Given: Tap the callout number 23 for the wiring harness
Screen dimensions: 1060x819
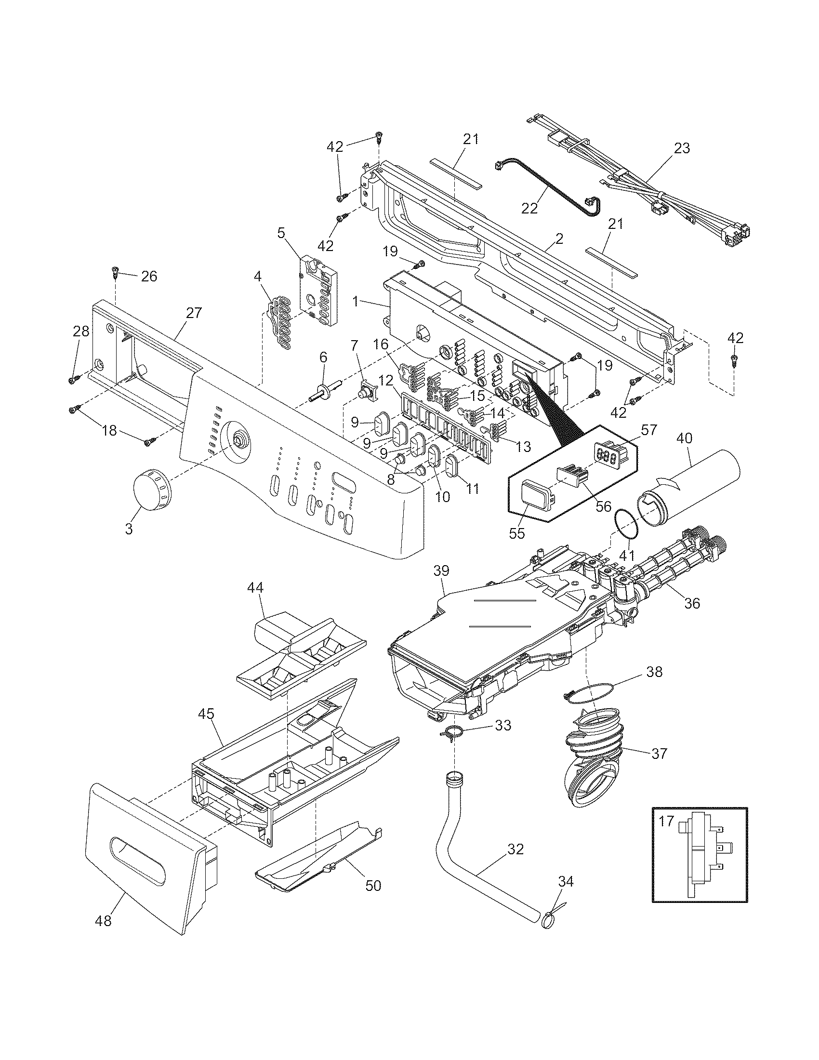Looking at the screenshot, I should pos(682,148).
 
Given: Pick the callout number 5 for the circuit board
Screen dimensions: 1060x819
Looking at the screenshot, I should pos(281,233).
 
